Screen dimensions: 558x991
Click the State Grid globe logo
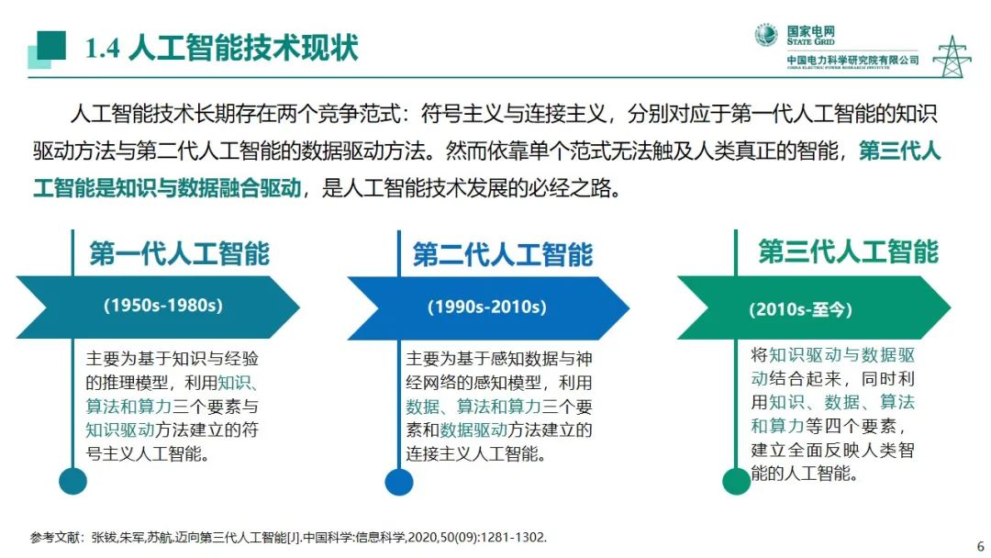click(766, 35)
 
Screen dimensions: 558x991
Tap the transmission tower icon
click(952, 56)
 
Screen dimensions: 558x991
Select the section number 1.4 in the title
click(102, 48)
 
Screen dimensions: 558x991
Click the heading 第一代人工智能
click(179, 253)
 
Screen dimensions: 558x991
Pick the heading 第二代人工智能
click(502, 254)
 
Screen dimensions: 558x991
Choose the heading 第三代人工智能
click(848, 251)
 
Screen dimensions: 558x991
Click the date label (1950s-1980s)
click(163, 305)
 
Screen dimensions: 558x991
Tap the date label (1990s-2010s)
click(486, 307)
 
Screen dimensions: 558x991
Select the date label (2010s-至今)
click(800, 309)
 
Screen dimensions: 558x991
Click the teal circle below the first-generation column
click(72, 480)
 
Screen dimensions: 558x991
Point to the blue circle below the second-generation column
click(399, 481)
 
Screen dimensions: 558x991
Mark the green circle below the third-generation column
click(736, 481)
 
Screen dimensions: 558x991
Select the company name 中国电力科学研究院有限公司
click(852, 60)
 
